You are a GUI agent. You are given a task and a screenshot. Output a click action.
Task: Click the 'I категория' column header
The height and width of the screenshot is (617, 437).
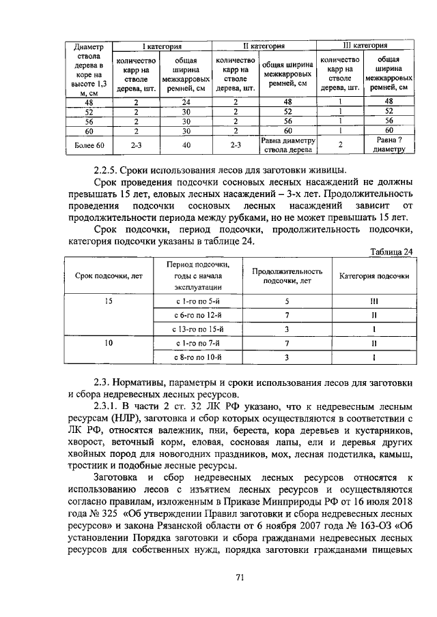coord(161,46)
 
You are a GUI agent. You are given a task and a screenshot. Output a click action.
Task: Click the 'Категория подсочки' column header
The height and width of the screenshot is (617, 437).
coord(374,276)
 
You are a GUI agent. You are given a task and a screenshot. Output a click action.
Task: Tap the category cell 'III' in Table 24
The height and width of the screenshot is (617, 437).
coord(374,301)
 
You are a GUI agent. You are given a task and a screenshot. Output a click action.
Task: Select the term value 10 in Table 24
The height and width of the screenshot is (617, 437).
coord(109,343)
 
